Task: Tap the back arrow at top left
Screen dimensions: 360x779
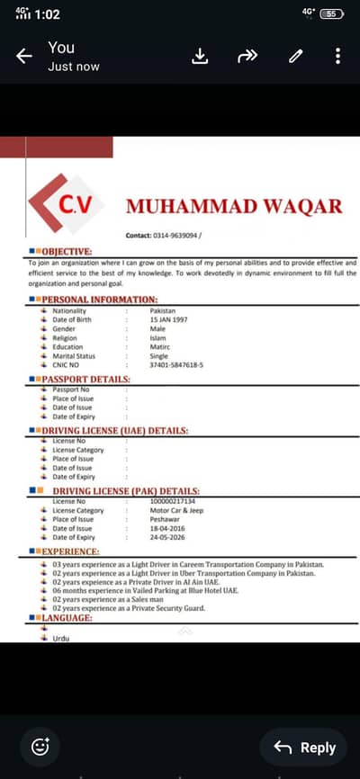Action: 24,57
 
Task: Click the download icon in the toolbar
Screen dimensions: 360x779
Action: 201,57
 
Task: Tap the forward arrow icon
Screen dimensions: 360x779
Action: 247,57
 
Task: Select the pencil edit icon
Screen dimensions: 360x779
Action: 295,57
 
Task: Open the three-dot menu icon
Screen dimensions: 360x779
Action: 337,57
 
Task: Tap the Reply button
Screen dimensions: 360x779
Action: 304,748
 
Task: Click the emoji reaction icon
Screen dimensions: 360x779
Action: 40,747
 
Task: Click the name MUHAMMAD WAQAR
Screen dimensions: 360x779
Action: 234,206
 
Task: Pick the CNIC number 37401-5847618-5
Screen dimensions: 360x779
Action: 176,364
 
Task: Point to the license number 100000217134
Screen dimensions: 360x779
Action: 173,500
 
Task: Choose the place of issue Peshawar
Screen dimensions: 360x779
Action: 166,519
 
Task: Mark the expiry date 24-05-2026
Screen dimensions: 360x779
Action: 168,537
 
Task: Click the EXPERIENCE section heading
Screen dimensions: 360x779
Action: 70,551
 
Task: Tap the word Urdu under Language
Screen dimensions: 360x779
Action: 61,638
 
